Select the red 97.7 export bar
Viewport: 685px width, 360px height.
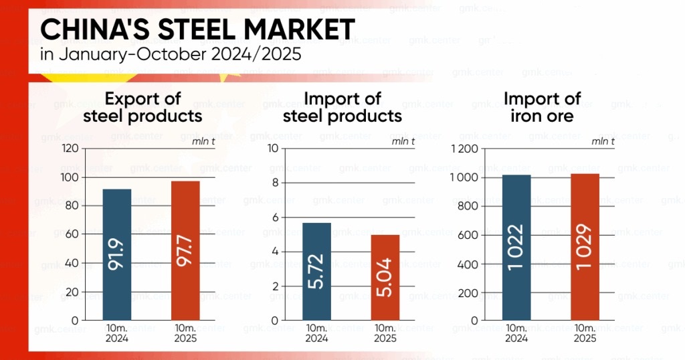185,250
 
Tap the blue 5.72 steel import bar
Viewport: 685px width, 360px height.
316,271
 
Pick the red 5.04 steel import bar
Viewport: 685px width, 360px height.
385,277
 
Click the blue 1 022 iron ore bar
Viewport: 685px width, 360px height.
516,247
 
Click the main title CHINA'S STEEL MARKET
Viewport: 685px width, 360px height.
197,30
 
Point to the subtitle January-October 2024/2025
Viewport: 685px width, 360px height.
171,55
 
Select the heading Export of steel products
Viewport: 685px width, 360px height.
142,107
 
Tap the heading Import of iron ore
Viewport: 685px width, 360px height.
542,107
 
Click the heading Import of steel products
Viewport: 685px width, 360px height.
342,107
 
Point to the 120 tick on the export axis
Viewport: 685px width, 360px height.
69,149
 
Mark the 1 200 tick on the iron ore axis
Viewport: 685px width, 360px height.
465,149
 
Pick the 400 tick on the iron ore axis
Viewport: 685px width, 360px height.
468,264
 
